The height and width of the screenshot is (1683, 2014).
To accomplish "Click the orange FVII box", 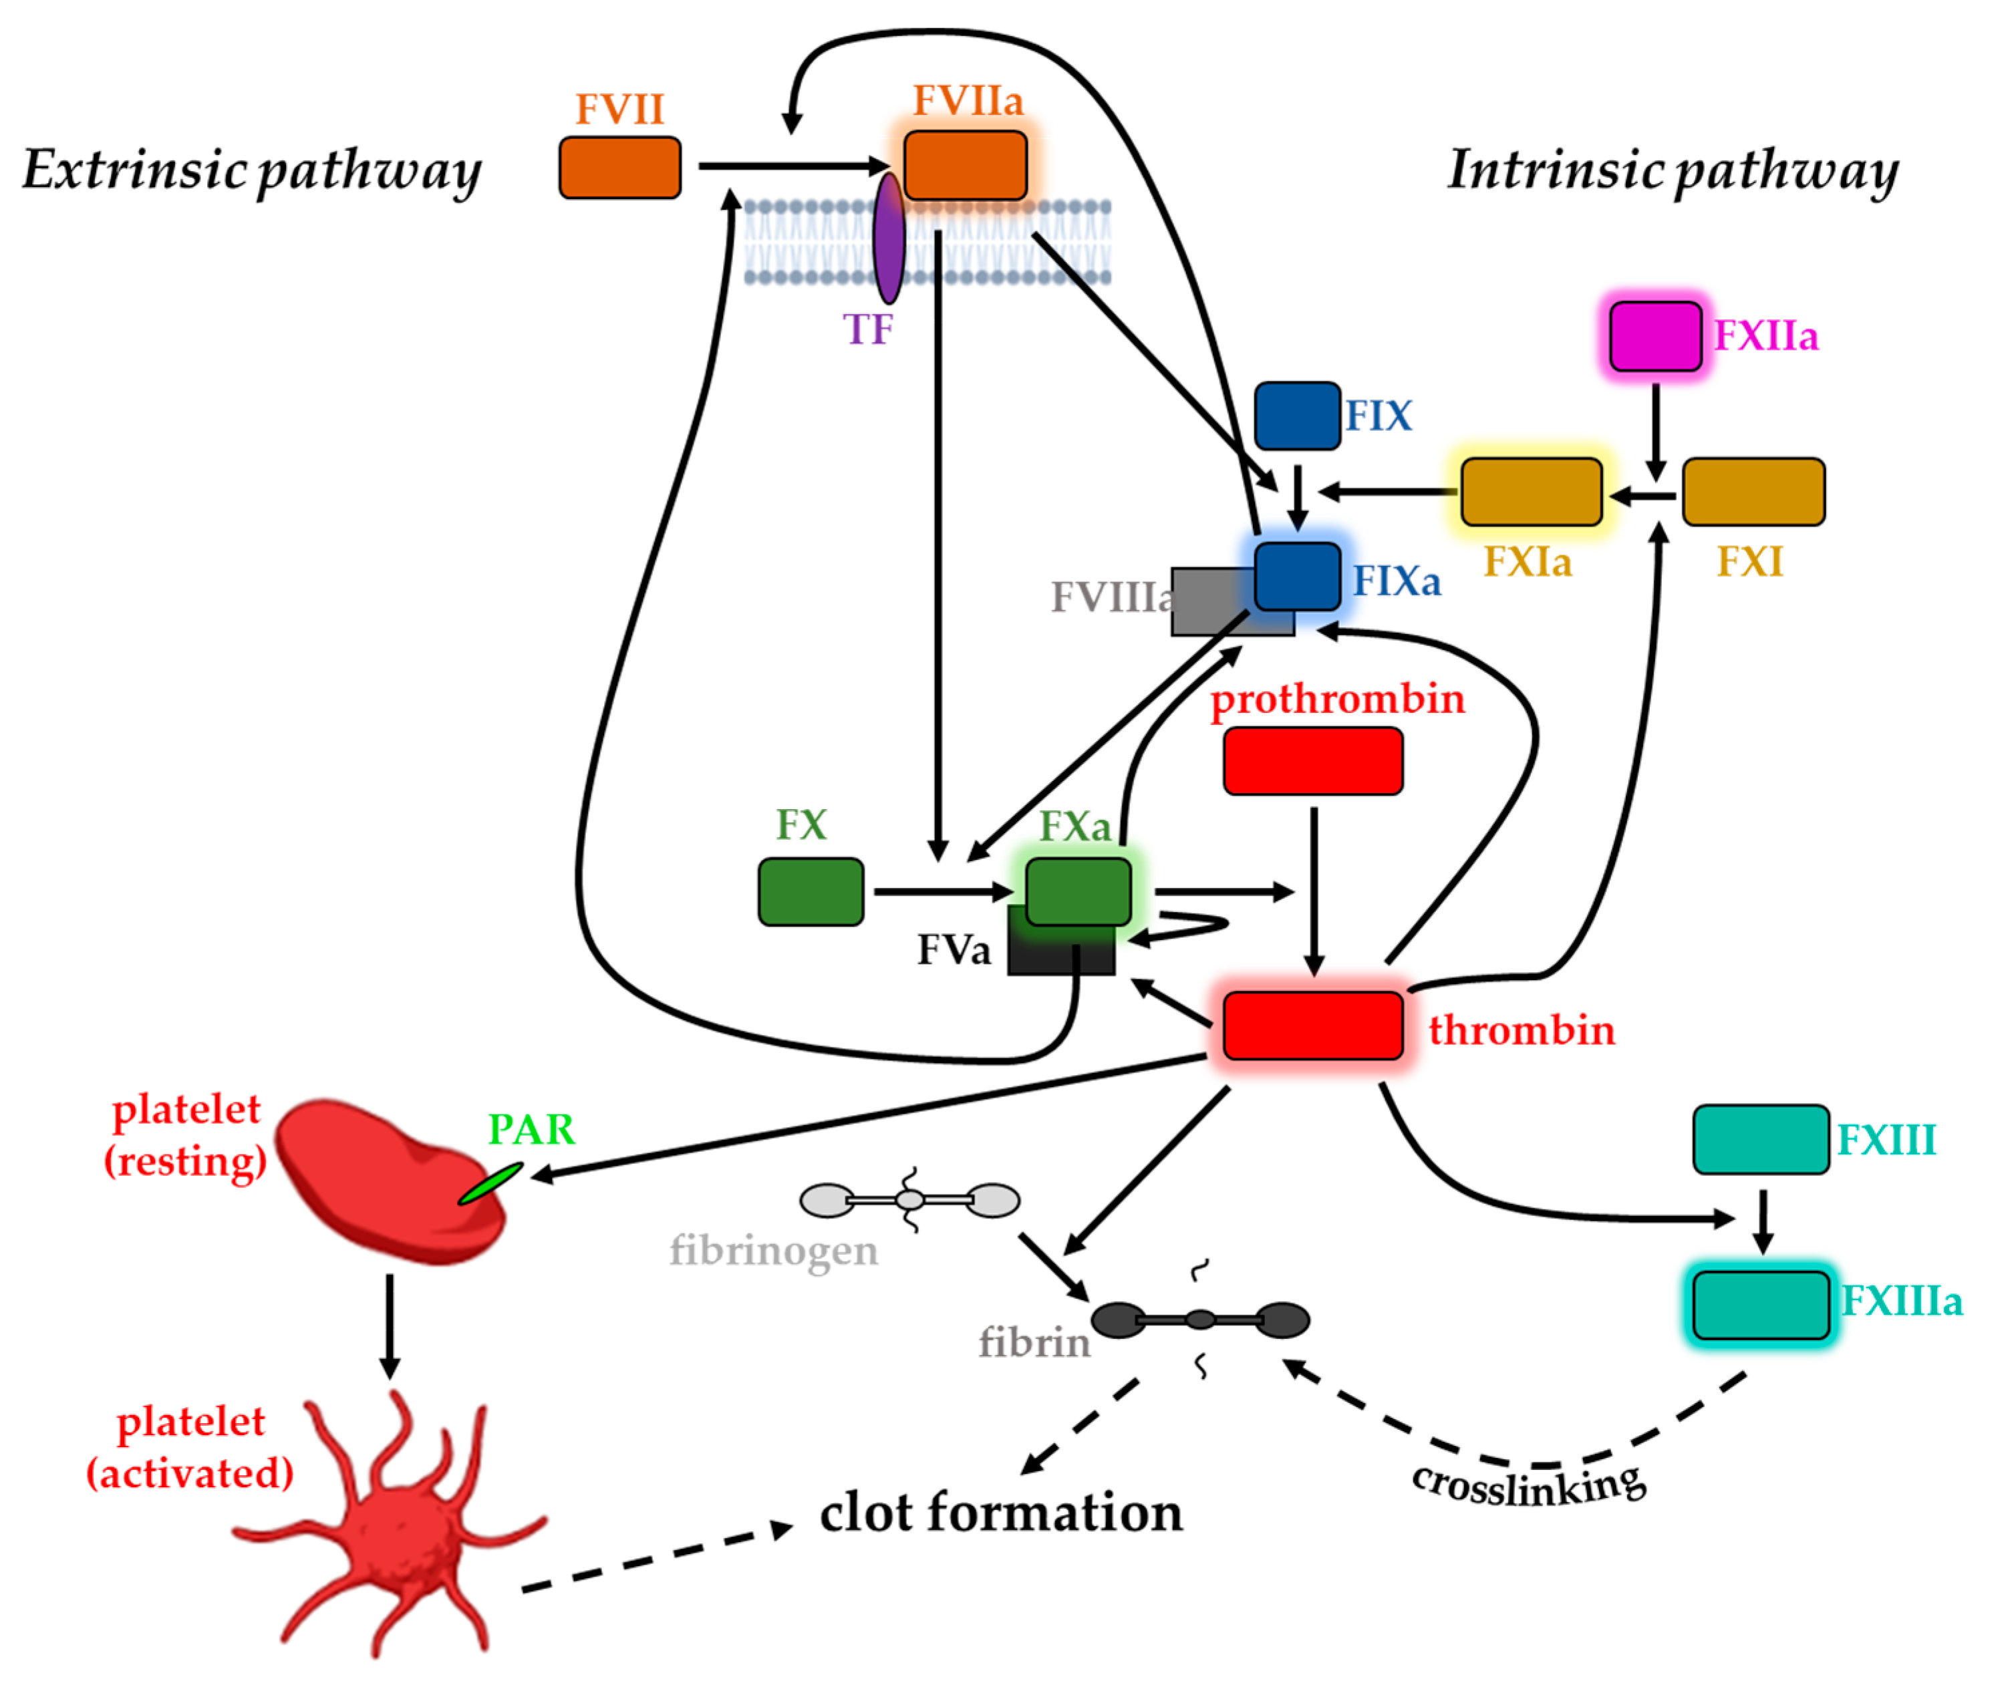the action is (621, 168).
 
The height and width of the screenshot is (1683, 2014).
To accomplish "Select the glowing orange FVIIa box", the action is (966, 166).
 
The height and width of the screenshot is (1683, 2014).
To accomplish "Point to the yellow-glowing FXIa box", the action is (1532, 492).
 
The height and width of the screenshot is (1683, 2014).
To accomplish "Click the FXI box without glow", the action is (1754, 492).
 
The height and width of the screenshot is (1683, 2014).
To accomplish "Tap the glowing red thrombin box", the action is (1314, 1026).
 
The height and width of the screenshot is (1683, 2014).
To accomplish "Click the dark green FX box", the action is (811, 892).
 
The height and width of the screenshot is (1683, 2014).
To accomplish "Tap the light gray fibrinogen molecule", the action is (910, 1200).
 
